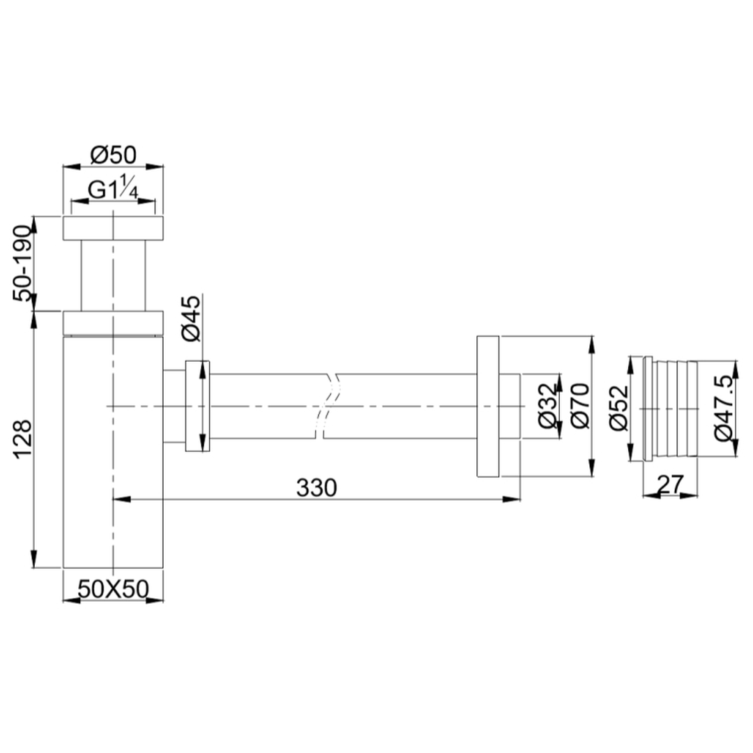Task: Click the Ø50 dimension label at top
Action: pyautogui.click(x=114, y=155)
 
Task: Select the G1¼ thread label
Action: pyautogui.click(x=113, y=188)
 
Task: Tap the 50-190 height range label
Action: pyautogui.click(x=22, y=263)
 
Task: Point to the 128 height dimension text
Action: pyautogui.click(x=22, y=439)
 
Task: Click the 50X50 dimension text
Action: pyautogui.click(x=114, y=588)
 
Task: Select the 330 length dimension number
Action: pyautogui.click(x=317, y=487)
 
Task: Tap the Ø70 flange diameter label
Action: pyautogui.click(x=580, y=406)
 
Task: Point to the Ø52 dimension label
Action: pyautogui.click(x=618, y=408)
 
